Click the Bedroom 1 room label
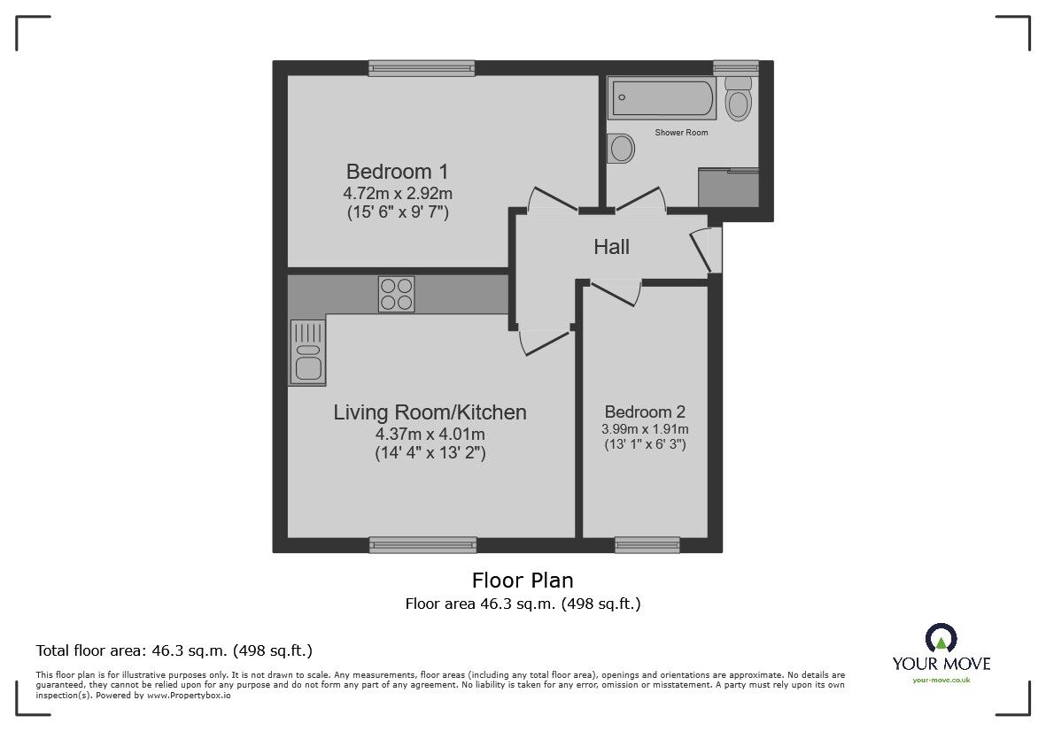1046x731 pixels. click(397, 172)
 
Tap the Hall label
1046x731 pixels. click(612, 247)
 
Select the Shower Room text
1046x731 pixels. click(681, 133)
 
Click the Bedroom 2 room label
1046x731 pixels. click(645, 412)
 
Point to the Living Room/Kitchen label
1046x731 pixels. click(430, 412)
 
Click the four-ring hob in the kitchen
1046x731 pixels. click(396, 295)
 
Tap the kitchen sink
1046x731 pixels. click(307, 352)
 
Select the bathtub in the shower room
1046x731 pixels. click(662, 98)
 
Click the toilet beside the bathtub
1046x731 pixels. click(739, 98)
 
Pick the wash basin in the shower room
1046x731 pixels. click(621, 148)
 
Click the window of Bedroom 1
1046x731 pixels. click(422, 68)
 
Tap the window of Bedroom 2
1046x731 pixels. click(647, 545)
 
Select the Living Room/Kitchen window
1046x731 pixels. click(423, 545)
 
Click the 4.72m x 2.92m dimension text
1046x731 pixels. click(398, 194)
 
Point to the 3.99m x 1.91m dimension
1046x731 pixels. click(645, 429)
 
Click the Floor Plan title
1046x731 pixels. click(523, 581)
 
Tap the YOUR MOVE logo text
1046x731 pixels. click(941, 664)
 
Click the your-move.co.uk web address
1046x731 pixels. click(941, 681)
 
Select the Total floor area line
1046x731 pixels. click(174, 650)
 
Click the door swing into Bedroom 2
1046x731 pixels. click(616, 294)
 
